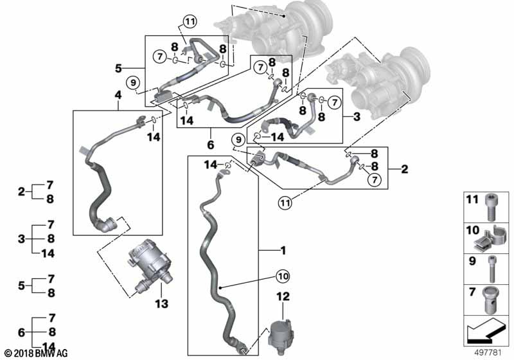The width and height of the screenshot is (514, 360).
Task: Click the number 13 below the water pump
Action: (161, 303)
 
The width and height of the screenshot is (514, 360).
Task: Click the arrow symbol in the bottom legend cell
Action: (484, 331)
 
